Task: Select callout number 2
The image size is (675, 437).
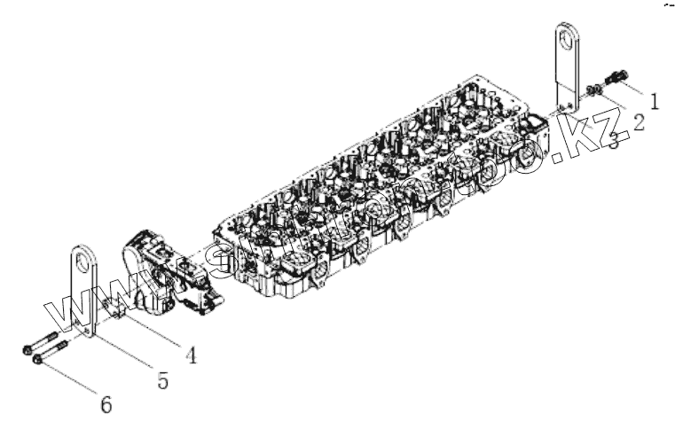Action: pyautogui.click(x=637, y=122)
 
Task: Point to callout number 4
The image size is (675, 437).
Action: pyautogui.click(x=190, y=355)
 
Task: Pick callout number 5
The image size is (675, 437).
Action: pyautogui.click(x=162, y=380)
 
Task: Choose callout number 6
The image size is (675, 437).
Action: pyautogui.click(x=106, y=405)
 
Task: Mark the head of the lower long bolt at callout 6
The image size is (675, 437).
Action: pyautogui.click(x=36, y=360)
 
